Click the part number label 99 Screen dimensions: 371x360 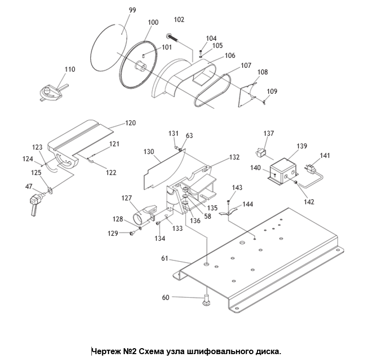coord(133,10)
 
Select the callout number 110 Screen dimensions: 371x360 coord(70,69)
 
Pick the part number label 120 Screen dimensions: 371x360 coord(130,123)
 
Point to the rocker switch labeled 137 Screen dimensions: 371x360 coord(261,153)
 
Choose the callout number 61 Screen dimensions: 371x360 coord(165,258)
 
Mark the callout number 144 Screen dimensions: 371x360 coord(248,204)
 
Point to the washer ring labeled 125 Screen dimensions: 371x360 coord(50,190)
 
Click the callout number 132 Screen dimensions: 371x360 coord(234,157)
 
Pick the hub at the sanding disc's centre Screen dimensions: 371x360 coord(141,65)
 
